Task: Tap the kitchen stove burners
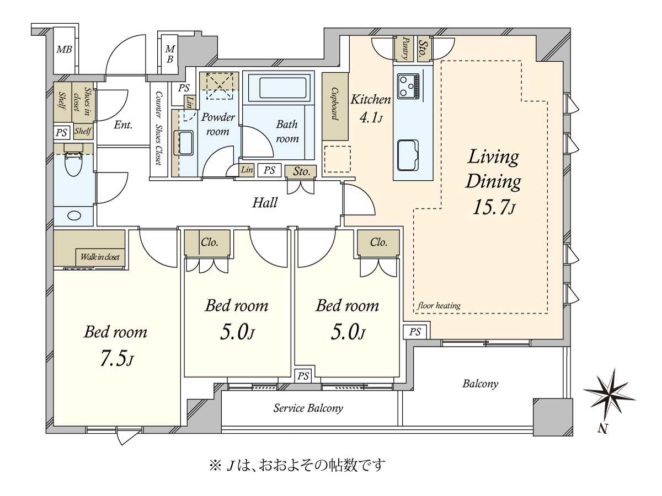407,86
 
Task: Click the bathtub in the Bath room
282,88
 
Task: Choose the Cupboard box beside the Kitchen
335,106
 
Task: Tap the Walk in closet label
100,257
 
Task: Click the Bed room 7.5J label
115,345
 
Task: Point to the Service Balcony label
308,408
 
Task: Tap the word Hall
265,202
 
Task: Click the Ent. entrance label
123,125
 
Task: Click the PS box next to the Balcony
415,332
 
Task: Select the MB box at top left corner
65,50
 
